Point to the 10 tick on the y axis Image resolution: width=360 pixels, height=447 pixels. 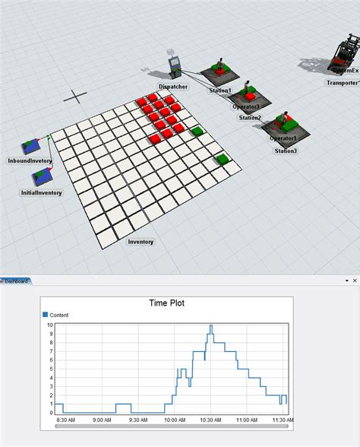click(x=50, y=325)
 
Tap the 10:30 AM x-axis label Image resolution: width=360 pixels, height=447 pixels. click(x=211, y=419)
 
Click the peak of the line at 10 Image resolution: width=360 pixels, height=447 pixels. click(x=210, y=325)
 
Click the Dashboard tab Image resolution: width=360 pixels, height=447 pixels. click(x=16, y=281)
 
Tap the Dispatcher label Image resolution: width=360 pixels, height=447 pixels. click(x=174, y=87)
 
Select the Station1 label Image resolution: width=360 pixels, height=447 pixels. click(x=221, y=90)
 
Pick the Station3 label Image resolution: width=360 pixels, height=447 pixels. click(x=286, y=151)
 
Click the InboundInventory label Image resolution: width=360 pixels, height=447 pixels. click(x=30, y=161)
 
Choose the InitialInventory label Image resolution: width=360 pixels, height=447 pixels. click(x=41, y=193)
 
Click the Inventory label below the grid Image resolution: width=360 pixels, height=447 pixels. click(x=141, y=242)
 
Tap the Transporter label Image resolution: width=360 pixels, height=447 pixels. click(x=343, y=82)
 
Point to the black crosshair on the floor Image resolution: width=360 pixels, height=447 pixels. click(x=74, y=96)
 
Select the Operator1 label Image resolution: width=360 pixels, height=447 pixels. click(x=283, y=138)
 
